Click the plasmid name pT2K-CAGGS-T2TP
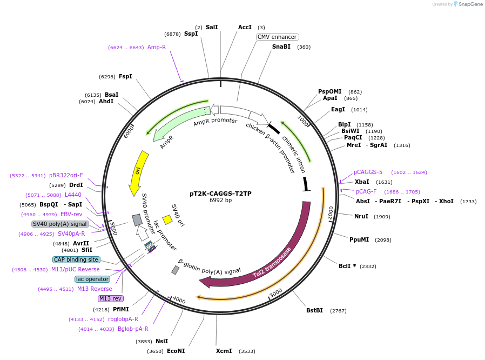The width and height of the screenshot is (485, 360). tap(220, 193)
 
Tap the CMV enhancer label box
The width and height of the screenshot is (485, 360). tap(277, 37)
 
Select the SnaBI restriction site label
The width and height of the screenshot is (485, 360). tap(281, 47)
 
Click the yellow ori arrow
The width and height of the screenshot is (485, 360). tap(138, 173)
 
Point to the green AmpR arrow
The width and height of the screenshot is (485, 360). tap(181, 125)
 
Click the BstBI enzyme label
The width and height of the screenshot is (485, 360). tap(314, 310)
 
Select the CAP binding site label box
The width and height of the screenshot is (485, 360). tap(76, 259)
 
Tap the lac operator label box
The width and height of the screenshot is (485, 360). tap(92, 279)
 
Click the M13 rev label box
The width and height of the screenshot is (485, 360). tap(110, 298)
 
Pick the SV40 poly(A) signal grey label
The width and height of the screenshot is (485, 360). tap(60, 224)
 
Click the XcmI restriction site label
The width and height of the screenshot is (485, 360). tap(224, 351)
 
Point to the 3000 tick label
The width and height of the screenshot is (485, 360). tap(275, 292)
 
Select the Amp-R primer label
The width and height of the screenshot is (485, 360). tap(157, 47)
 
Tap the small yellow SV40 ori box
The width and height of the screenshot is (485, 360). tap(167, 219)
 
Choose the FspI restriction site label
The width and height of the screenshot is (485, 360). tap(125, 76)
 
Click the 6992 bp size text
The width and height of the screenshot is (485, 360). tap(220, 201)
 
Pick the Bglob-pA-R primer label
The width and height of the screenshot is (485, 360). tap(133, 329)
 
